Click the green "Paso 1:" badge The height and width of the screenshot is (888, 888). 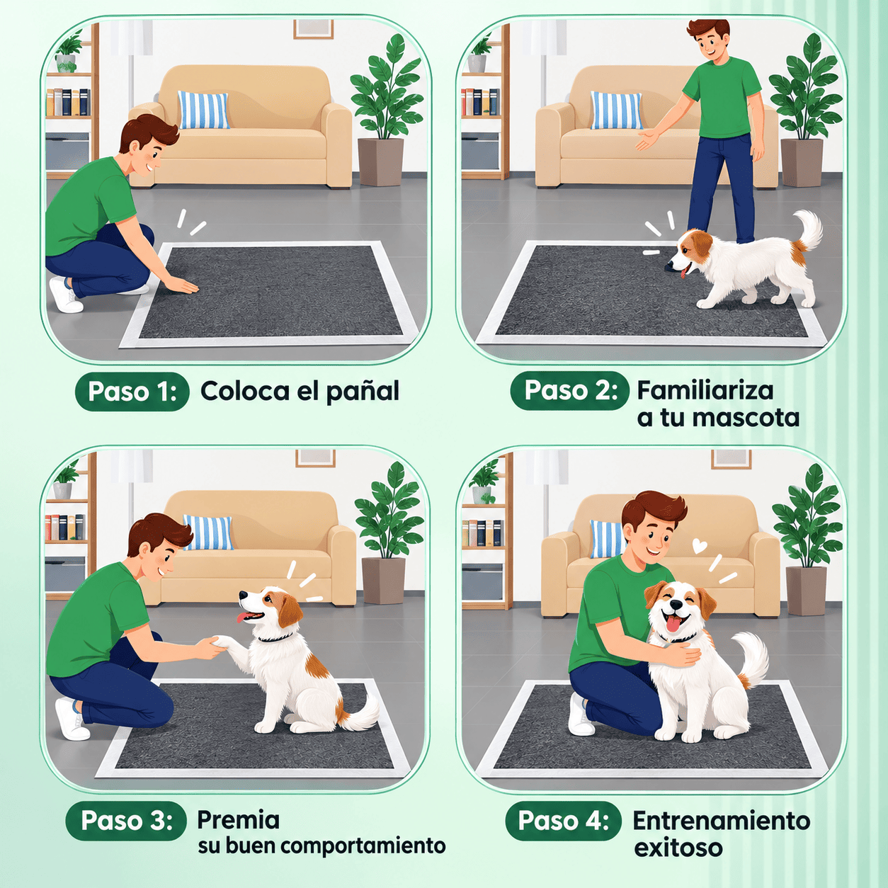pos(132,392)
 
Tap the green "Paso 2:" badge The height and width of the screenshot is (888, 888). pos(569,390)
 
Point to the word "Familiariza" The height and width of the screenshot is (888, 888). pos(705,390)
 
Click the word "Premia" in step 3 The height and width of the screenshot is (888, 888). pos(238,820)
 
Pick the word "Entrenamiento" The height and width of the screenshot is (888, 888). pos(721,821)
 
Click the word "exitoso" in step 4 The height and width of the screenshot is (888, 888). pos(678,848)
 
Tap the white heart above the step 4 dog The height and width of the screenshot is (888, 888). pos(700,547)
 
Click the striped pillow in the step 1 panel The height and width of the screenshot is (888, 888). pos(204,110)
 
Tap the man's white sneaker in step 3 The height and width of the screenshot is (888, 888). pos(72,719)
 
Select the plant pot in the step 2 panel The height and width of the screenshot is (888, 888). pos(802,162)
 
